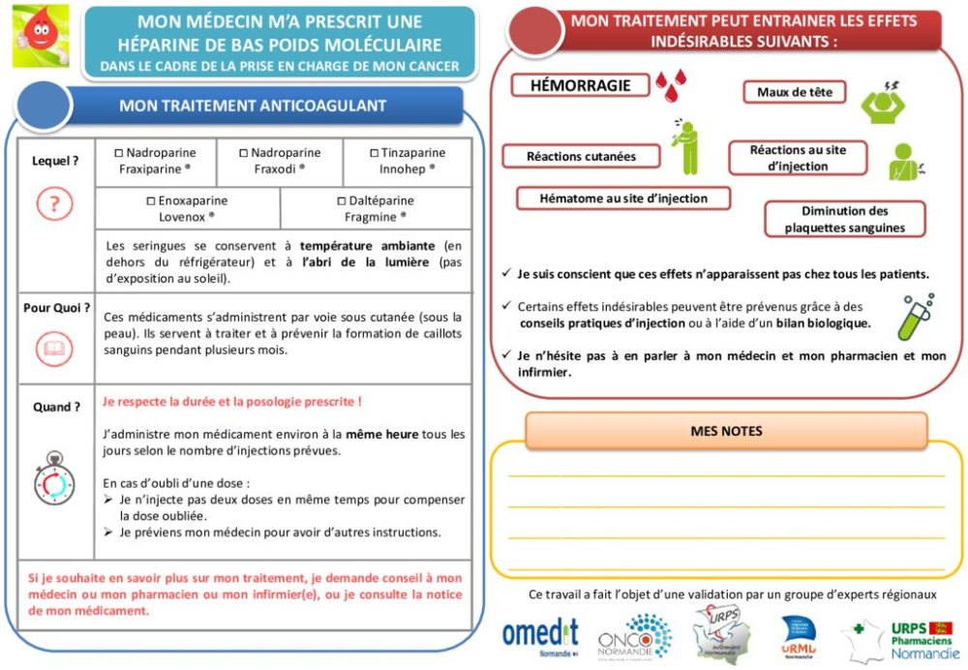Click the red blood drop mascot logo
click(x=40, y=36)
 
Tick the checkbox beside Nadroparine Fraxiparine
click(x=119, y=153)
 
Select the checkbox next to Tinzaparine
click(x=375, y=153)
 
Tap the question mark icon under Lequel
click(x=54, y=204)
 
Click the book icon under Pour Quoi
click(x=54, y=349)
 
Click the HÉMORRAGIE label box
click(x=580, y=85)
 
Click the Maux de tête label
click(x=794, y=92)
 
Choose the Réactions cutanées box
click(x=581, y=156)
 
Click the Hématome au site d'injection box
click(x=623, y=198)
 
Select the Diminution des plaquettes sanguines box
click(x=844, y=220)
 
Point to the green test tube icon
click(x=914, y=318)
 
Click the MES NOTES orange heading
click(x=726, y=431)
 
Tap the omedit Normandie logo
click(x=539, y=635)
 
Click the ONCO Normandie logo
click(x=635, y=637)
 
